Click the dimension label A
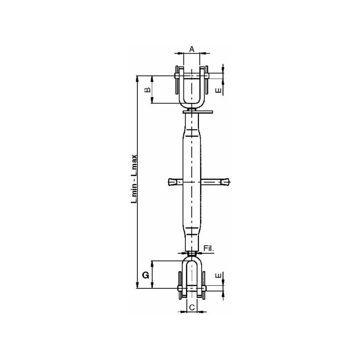click(x=192, y=49)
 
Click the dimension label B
click(x=148, y=90)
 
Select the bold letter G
click(x=146, y=275)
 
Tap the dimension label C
click(x=192, y=307)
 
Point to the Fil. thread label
click(x=209, y=248)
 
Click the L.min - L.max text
click(x=134, y=179)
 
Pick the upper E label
click(x=219, y=90)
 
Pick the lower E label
click(x=219, y=275)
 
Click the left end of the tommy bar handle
click(x=169, y=182)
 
